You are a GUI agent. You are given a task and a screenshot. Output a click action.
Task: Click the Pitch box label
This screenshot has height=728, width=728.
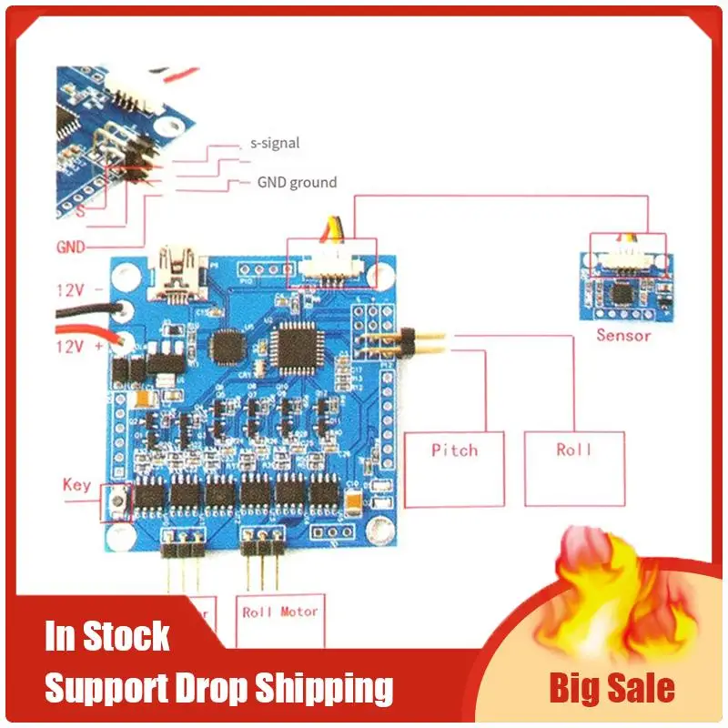[x=454, y=450]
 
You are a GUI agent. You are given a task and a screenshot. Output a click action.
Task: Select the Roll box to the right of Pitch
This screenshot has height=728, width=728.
[x=573, y=450]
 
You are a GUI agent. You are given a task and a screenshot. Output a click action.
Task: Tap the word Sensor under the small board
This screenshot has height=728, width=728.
[x=623, y=335]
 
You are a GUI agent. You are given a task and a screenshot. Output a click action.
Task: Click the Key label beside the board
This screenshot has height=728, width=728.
[x=76, y=484]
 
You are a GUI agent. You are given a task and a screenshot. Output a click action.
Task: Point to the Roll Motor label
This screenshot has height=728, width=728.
[x=280, y=612]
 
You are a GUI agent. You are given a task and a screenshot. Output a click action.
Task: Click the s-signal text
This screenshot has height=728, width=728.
[x=274, y=143]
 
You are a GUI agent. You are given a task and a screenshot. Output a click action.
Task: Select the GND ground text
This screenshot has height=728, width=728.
[x=296, y=182]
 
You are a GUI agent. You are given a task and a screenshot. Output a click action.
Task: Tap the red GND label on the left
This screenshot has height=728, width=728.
[x=72, y=247]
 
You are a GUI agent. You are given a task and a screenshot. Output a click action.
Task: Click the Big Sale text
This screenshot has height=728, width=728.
[x=612, y=688]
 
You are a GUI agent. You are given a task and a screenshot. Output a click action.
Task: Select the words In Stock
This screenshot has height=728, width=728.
[x=107, y=636]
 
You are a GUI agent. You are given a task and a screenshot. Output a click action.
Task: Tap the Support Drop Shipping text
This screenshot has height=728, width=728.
[x=219, y=688]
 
